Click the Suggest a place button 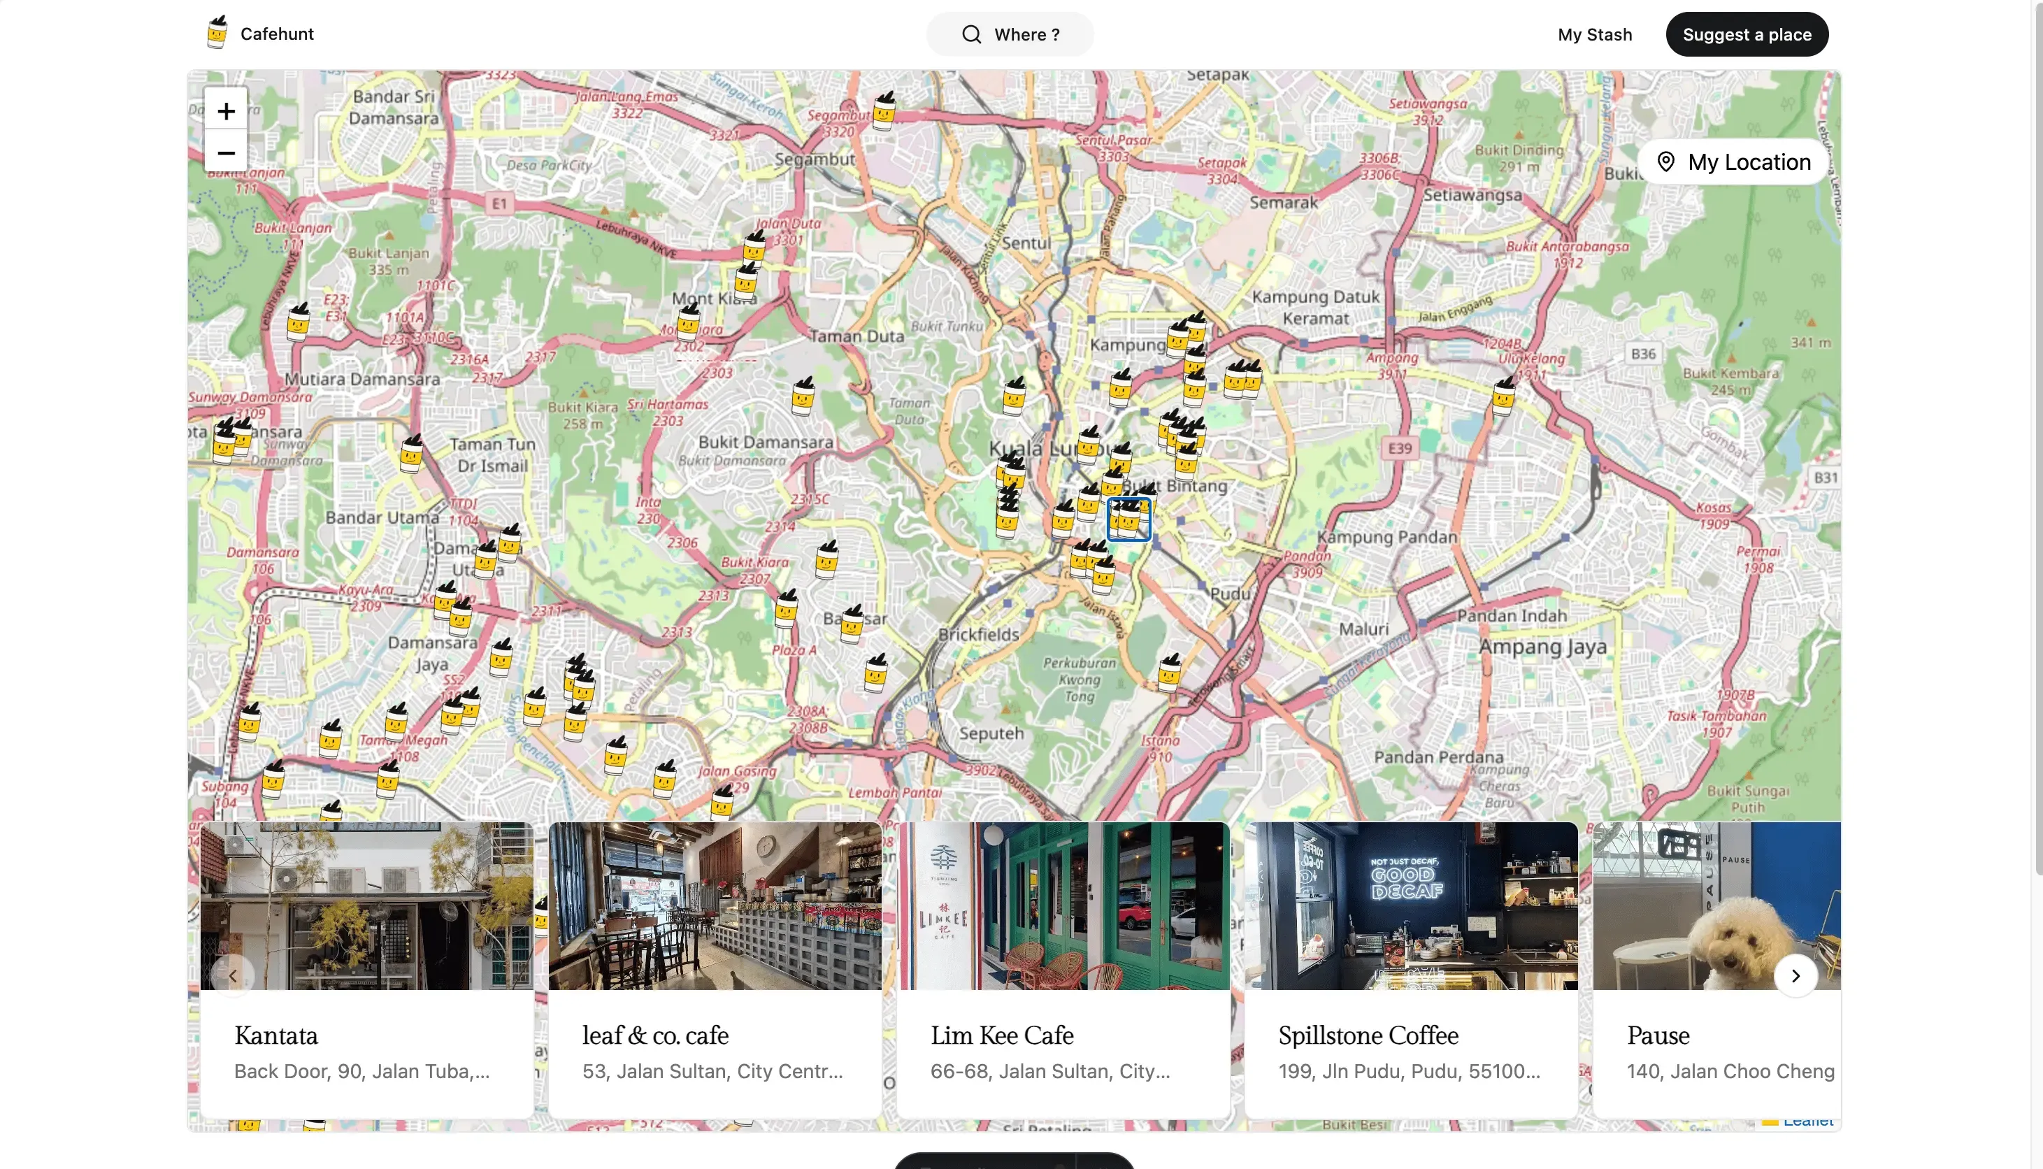(x=1746, y=34)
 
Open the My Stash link (x=1594, y=34)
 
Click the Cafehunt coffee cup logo (x=217, y=33)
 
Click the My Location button (x=1734, y=162)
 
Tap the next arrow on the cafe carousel (x=1795, y=975)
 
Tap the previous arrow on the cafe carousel (x=233, y=975)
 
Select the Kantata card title (x=276, y=1035)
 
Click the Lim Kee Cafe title (x=1002, y=1035)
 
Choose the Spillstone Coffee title (x=1368, y=1035)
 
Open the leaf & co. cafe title (x=655, y=1035)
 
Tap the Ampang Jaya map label (x=1542, y=647)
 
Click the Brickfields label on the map (x=979, y=634)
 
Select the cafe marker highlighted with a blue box (x=1128, y=519)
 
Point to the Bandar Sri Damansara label (x=394, y=107)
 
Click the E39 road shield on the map (x=1400, y=448)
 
